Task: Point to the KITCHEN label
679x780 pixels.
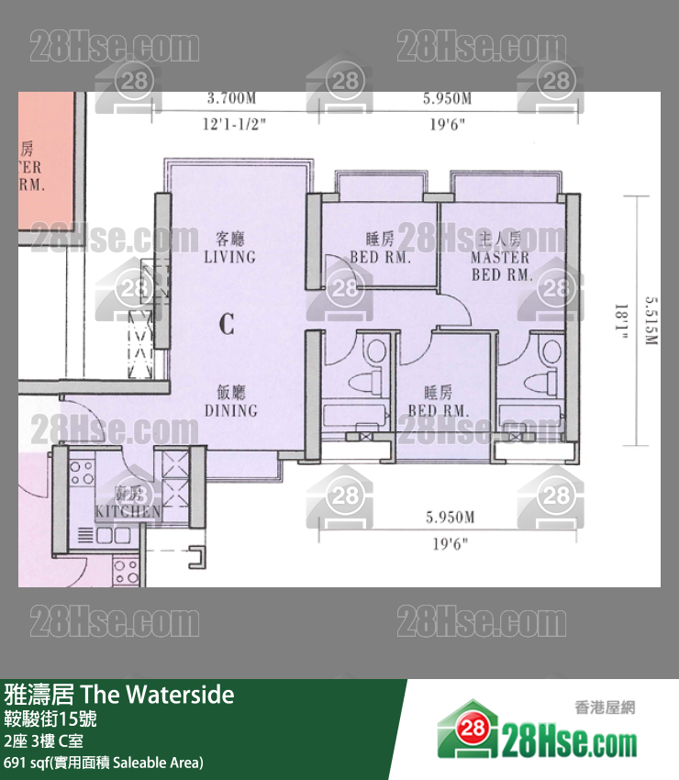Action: (128, 511)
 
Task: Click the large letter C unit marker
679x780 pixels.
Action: (227, 323)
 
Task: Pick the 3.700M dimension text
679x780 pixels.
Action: (231, 98)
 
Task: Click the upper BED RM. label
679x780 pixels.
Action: (380, 249)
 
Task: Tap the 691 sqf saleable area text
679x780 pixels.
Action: (103, 762)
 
